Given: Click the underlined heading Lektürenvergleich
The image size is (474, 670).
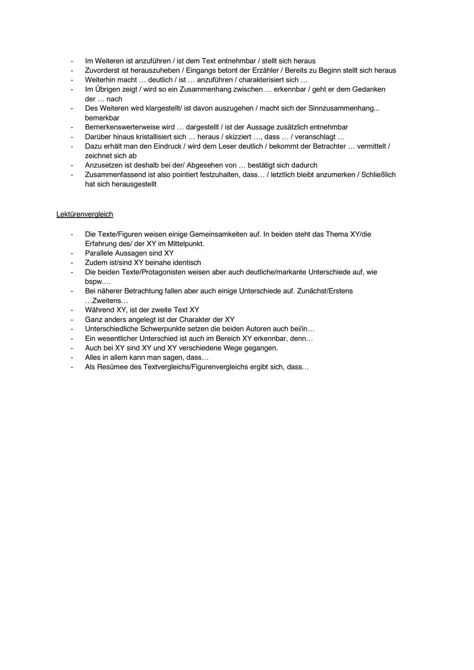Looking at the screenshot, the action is [x=85, y=214].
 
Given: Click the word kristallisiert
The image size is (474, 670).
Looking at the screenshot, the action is [x=161, y=137].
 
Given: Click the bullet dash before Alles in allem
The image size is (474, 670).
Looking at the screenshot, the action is [x=72, y=357].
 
